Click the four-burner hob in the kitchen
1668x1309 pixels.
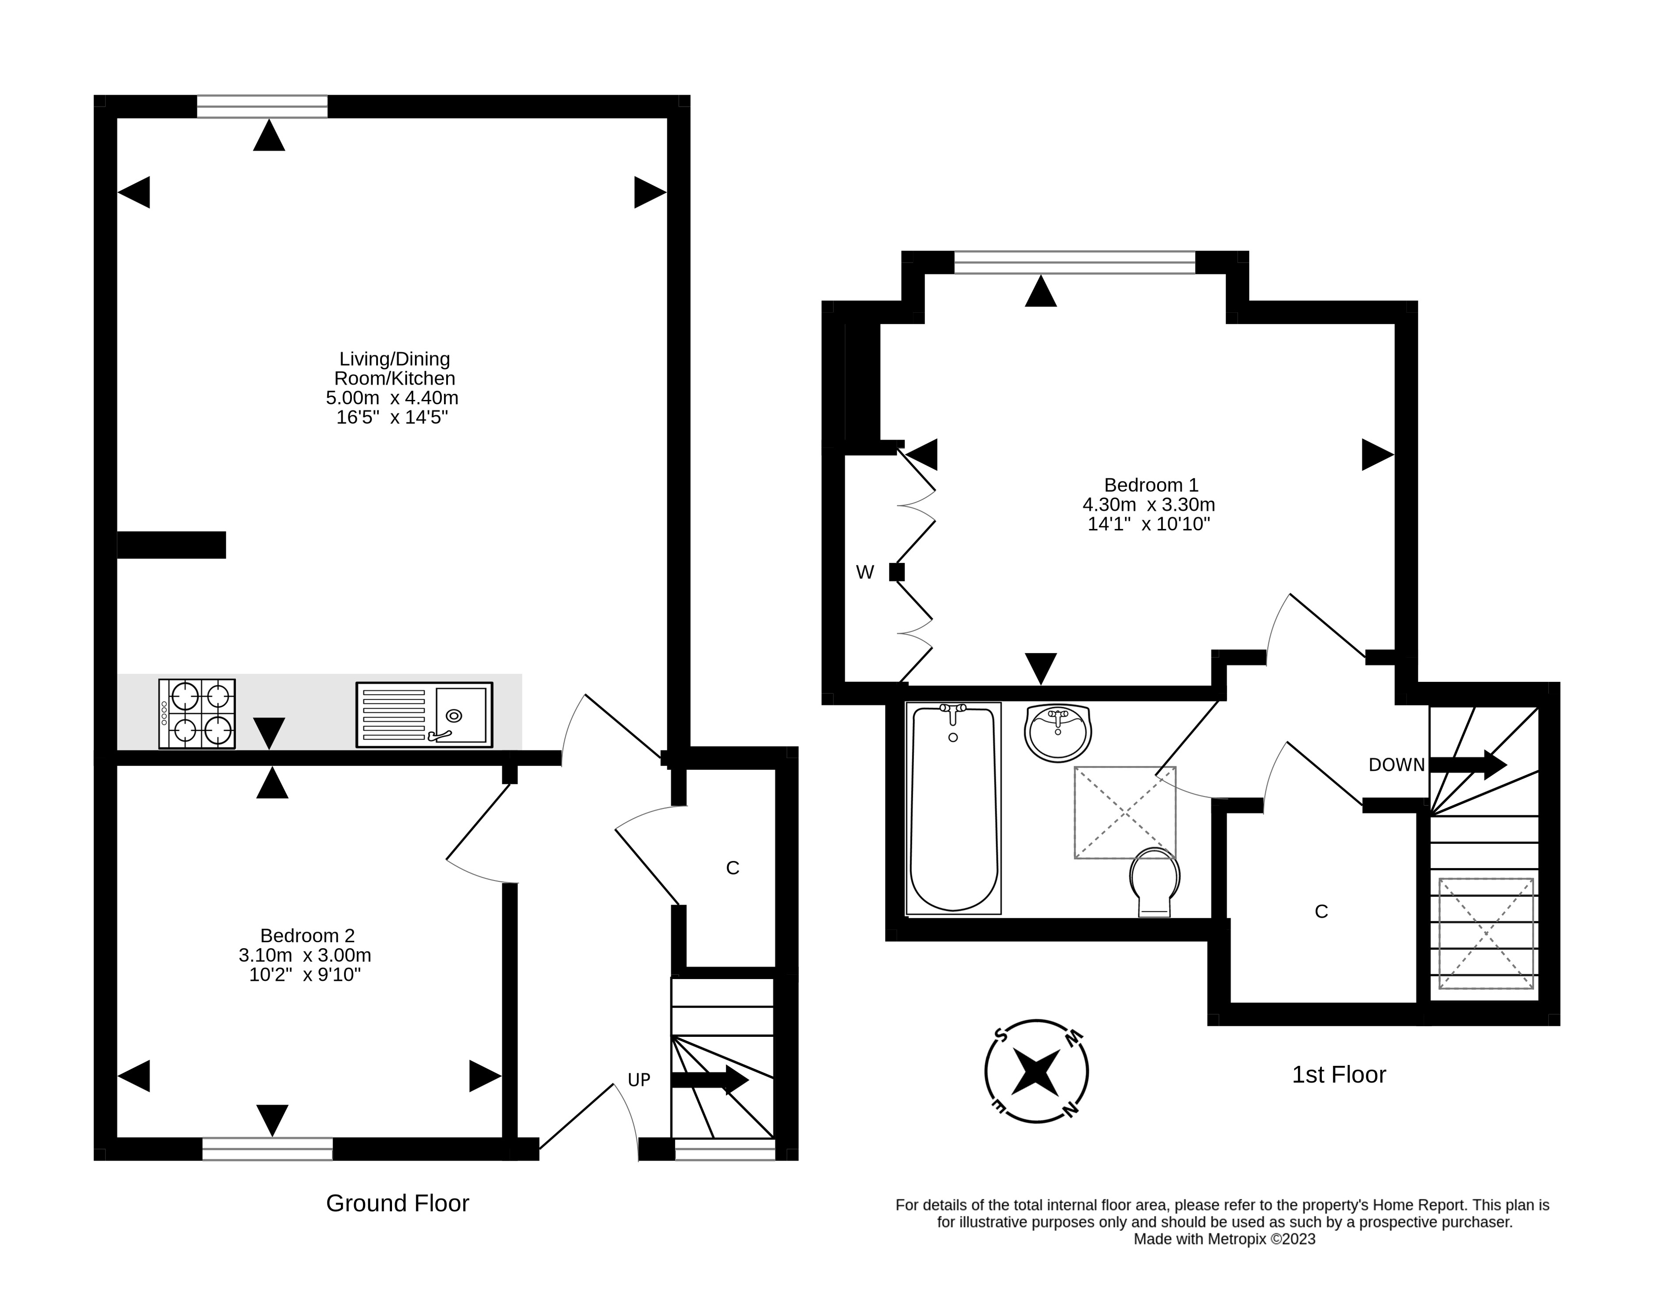[x=197, y=714]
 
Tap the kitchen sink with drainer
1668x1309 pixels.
[x=425, y=715]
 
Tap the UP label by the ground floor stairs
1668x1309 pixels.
[x=639, y=1080]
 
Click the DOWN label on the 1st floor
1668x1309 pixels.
[x=1397, y=765]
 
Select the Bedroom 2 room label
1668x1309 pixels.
[x=307, y=936]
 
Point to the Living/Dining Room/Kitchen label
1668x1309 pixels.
[x=395, y=369]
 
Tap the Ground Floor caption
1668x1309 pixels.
[x=398, y=1203]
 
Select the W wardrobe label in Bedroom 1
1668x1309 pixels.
[x=864, y=573]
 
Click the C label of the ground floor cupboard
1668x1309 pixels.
[x=732, y=868]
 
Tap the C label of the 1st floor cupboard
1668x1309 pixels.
[x=1321, y=911]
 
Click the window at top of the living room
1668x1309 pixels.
[x=262, y=107]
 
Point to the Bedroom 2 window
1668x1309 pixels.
[x=267, y=1149]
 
